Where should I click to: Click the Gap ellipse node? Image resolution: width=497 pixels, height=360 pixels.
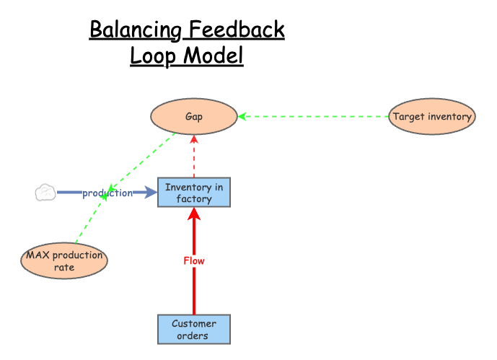pyautogui.click(x=193, y=116)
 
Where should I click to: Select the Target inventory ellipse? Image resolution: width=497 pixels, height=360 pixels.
pyautogui.click(x=432, y=116)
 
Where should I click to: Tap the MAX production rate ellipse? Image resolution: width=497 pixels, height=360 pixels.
pyautogui.click(x=64, y=261)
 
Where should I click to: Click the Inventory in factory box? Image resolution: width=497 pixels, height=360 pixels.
pyautogui.click(x=194, y=193)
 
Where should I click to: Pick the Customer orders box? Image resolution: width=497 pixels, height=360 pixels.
pyautogui.click(x=194, y=329)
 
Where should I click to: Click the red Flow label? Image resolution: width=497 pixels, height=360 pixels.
pyautogui.click(x=194, y=261)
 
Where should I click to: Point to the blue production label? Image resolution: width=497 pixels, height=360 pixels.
pyautogui.click(x=107, y=193)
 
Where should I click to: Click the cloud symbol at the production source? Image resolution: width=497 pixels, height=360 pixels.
pyautogui.click(x=45, y=193)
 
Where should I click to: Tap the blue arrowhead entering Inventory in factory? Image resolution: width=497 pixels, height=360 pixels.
pyautogui.click(x=151, y=193)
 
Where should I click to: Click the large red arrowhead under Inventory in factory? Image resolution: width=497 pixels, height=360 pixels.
pyautogui.click(x=194, y=214)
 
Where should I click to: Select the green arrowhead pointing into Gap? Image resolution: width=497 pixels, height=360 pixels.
pyautogui.click(x=242, y=116)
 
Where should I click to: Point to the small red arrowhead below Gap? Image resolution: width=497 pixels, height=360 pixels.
pyautogui.click(x=194, y=139)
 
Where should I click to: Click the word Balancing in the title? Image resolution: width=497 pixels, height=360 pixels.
pyautogui.click(x=136, y=30)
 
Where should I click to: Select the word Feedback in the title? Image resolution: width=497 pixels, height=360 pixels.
pyautogui.click(x=237, y=30)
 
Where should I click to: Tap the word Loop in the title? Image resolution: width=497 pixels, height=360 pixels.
pyautogui.click(x=153, y=56)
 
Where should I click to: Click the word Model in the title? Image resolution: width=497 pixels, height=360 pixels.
pyautogui.click(x=214, y=56)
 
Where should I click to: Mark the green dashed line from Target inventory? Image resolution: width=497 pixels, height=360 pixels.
pyautogui.click(x=314, y=116)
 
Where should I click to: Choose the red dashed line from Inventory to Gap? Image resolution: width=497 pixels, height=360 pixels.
pyautogui.click(x=194, y=157)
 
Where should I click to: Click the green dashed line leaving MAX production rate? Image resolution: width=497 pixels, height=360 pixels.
pyautogui.click(x=90, y=219)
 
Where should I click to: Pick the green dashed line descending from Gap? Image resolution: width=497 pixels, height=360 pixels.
pyautogui.click(x=141, y=162)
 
